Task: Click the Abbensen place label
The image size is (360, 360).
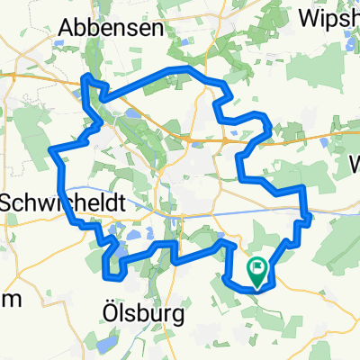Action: click(110, 28)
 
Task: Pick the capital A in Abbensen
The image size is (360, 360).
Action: click(66, 28)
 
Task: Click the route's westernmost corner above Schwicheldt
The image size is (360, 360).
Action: click(55, 149)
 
